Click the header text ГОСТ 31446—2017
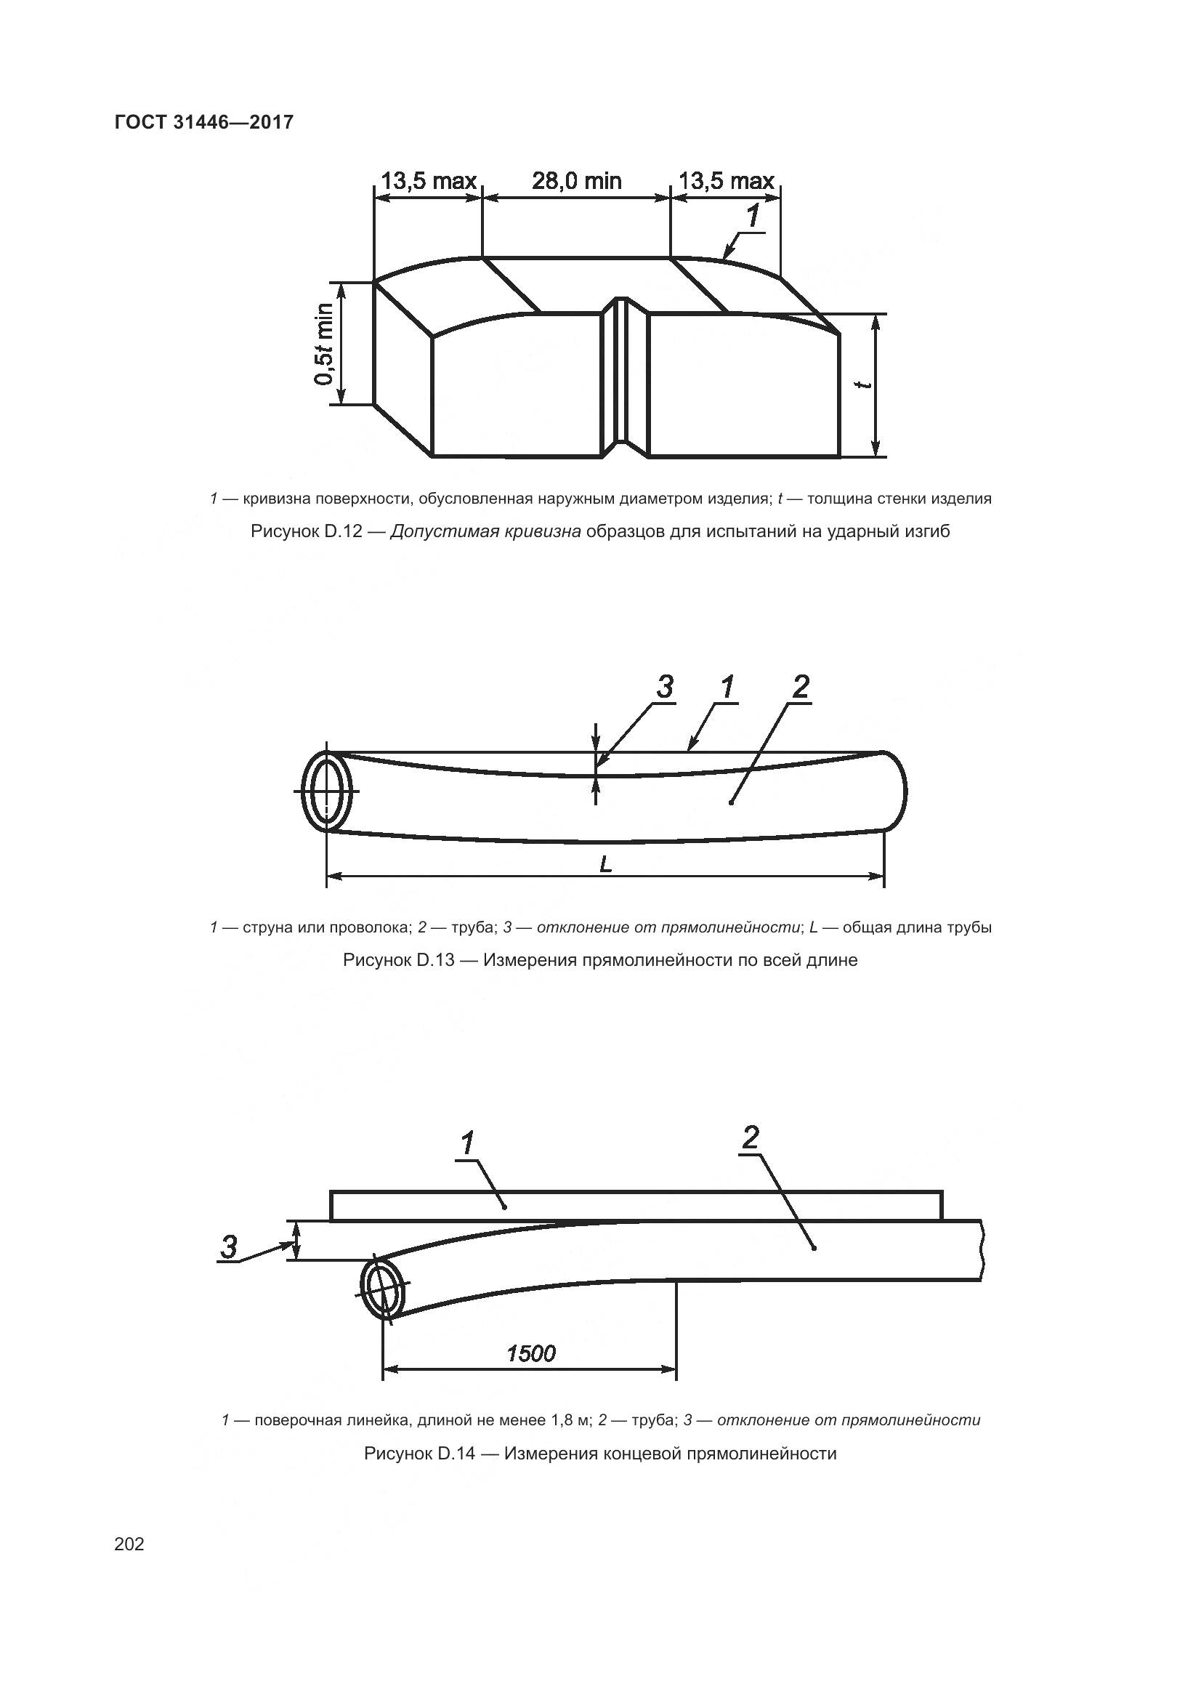click(204, 122)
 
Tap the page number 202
click(129, 1544)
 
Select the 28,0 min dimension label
click(576, 181)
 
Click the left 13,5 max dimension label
click(429, 181)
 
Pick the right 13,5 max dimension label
click(726, 181)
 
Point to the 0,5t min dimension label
click(324, 345)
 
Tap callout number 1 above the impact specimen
click(752, 216)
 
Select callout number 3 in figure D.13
click(665, 687)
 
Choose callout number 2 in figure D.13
click(801, 687)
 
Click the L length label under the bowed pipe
click(605, 864)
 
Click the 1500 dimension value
click(530, 1353)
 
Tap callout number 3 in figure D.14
click(230, 1248)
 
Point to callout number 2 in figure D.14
click(751, 1138)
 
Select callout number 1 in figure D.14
click(468, 1144)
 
